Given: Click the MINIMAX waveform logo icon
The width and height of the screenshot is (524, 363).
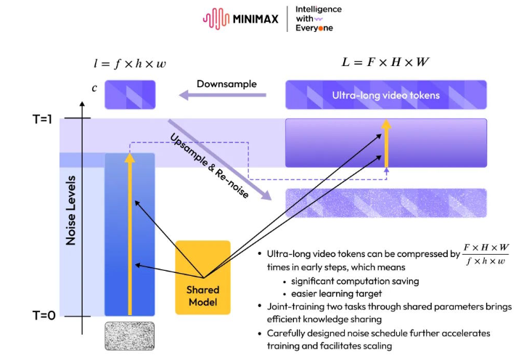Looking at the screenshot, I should coord(216,19).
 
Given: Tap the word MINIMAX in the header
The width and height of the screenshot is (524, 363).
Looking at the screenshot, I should coord(256,19).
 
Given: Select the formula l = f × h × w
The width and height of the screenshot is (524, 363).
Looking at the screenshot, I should coord(130,64).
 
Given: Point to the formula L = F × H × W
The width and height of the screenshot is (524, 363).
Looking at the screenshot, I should coord(385,62).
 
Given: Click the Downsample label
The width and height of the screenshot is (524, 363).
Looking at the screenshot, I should coord(226,83).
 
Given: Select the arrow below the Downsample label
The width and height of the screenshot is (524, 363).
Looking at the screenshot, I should coord(223,95).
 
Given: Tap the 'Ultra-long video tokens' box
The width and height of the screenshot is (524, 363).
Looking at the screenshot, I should coord(385,95).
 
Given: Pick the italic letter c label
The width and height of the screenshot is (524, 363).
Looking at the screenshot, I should coord(94,89).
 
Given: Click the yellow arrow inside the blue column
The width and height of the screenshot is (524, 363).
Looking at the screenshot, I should coord(130,232).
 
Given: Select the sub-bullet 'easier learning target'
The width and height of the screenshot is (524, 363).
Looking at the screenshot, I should coord(335,293).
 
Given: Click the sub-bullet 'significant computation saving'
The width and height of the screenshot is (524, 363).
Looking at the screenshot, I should coord(356,281).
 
